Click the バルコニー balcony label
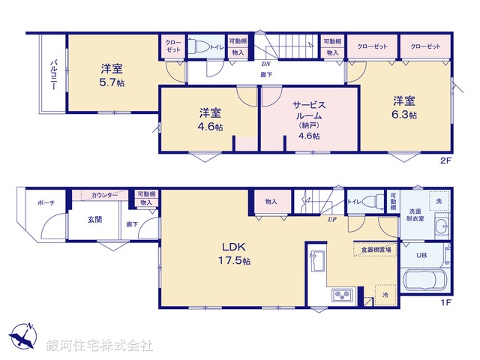point(53,75)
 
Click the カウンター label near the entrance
point(104,195)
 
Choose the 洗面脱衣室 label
point(415,216)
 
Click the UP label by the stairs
point(330,220)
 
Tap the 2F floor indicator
point(445,160)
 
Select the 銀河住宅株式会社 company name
point(100,346)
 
